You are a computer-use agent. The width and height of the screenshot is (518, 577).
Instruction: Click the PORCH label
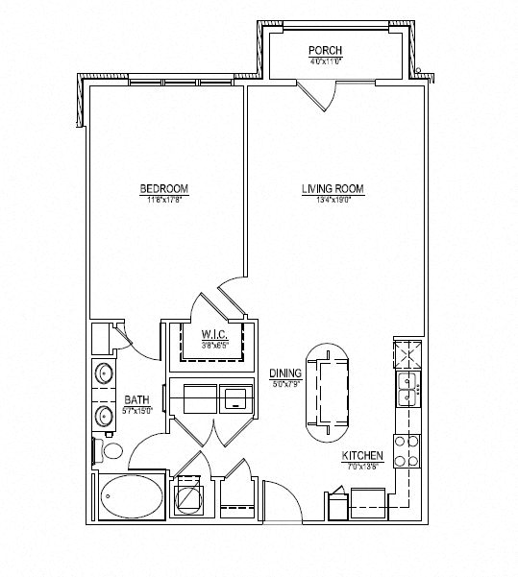(325, 50)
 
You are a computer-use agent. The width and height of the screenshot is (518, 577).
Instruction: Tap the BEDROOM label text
(162, 188)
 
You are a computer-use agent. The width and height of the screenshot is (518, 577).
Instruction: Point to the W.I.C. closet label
(213, 334)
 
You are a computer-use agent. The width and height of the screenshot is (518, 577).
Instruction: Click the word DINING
(285, 373)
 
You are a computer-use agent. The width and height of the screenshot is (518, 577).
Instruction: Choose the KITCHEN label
(363, 456)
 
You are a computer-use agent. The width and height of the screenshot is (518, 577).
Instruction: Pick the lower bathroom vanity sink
(103, 415)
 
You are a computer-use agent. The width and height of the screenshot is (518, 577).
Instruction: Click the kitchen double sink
(408, 390)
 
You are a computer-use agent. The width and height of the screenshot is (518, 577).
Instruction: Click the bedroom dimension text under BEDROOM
(162, 200)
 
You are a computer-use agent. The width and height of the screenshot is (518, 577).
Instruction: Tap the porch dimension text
(325, 61)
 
